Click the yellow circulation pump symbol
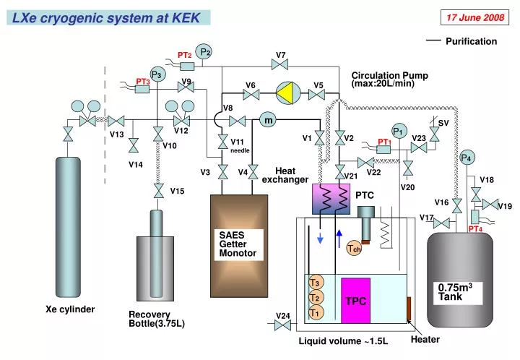287,93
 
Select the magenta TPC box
355,300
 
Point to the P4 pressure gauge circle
467,158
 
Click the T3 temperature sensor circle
315,283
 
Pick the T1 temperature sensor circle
315,312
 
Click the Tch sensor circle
354,249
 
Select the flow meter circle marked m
268,121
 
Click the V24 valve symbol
282,326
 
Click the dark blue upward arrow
339,238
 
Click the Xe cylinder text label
71,309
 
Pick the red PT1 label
384,142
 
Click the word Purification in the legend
471,41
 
